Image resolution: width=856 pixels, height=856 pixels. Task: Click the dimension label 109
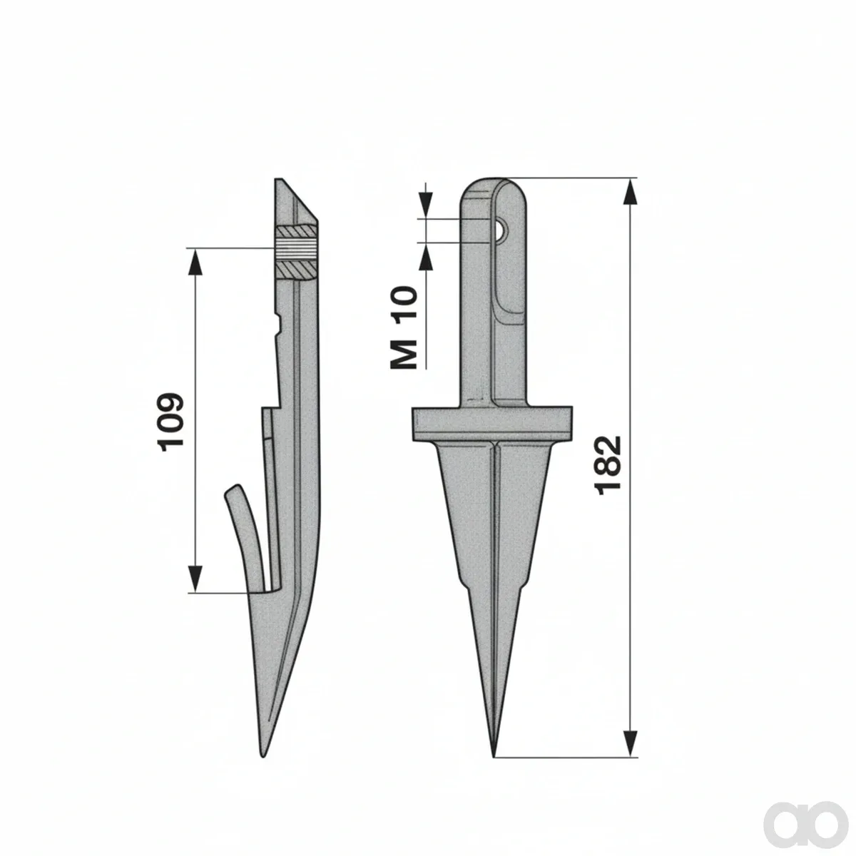(170, 422)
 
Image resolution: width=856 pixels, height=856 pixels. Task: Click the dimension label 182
(607, 465)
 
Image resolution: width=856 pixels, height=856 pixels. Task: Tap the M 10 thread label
(404, 327)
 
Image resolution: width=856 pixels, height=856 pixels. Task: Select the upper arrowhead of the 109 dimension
(195, 263)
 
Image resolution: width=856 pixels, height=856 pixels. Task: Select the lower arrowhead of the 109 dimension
(195, 579)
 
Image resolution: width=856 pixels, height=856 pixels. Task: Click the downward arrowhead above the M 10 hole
(426, 205)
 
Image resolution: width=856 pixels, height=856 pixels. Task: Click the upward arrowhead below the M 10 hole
(426, 256)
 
